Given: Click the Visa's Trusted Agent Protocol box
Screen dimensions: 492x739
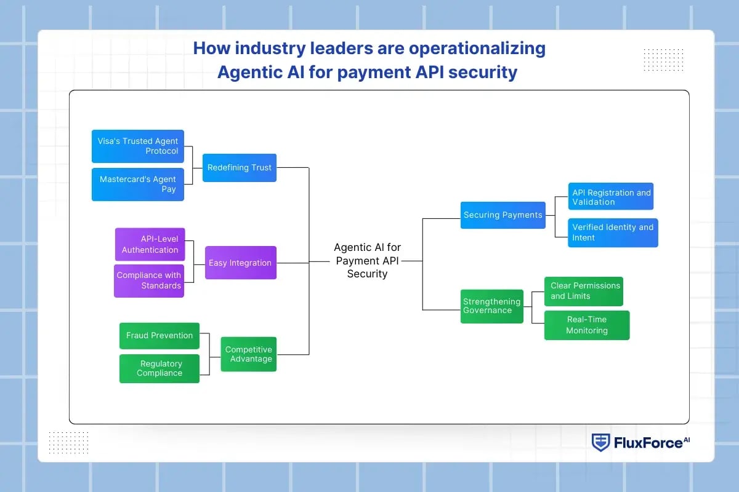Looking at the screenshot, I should (137, 146).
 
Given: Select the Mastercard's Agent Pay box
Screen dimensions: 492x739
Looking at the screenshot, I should (137, 184).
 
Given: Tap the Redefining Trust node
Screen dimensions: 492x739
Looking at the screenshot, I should (239, 167).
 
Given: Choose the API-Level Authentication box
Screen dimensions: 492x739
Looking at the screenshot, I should (150, 244).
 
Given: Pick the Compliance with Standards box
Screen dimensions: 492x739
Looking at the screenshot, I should (149, 280).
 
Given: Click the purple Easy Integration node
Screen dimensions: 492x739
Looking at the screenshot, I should (240, 263).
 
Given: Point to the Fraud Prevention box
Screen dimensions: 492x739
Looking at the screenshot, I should (159, 336).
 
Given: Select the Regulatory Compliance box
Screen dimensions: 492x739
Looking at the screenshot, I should (159, 368).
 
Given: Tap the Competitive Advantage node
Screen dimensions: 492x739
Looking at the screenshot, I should (248, 354).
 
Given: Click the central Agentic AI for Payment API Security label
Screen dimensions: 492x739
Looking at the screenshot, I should (367, 261).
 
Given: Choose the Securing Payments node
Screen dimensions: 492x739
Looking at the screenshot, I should (503, 215).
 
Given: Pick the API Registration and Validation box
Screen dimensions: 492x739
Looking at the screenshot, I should (610, 197).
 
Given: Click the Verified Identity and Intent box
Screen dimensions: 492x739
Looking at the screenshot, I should (612, 232).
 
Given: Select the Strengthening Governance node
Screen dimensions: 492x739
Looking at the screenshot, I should (492, 306).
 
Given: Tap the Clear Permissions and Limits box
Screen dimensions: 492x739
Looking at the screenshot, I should (584, 291).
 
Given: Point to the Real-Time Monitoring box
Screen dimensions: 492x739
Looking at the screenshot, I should (587, 325).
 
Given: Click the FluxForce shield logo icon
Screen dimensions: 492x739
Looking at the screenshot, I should (600, 442).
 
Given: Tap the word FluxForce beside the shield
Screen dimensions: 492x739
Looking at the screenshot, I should (639, 443).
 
